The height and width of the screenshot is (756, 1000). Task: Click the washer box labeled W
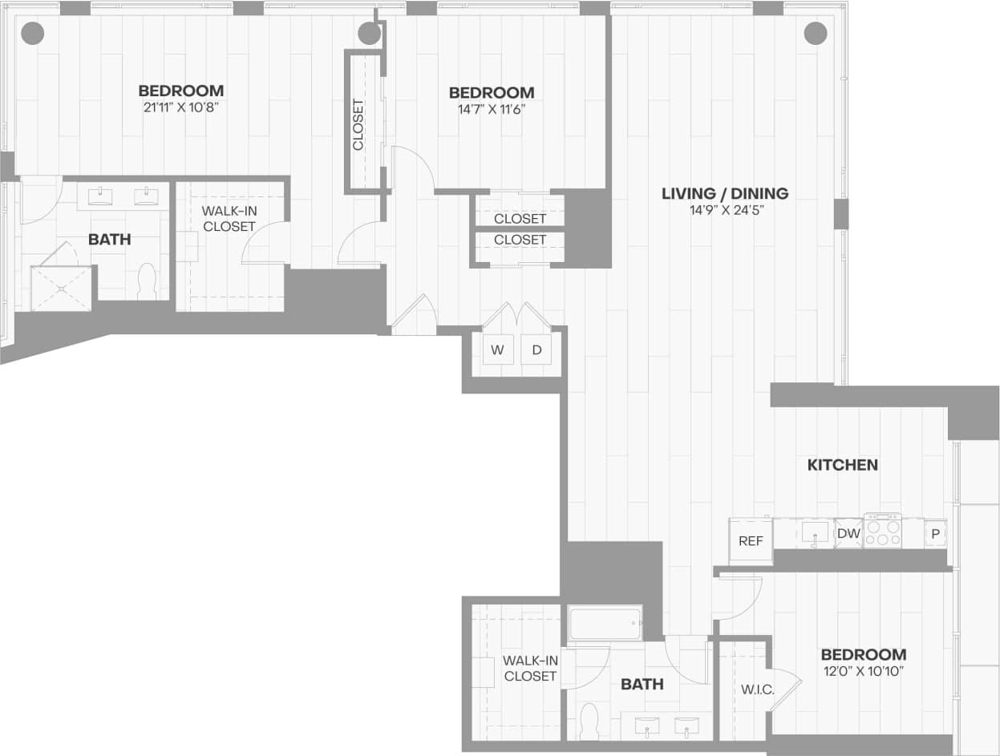[498, 350]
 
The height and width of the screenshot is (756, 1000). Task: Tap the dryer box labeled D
[536, 350]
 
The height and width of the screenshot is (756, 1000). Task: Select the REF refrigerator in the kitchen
[751, 541]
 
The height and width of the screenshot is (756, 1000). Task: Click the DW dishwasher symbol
[848, 533]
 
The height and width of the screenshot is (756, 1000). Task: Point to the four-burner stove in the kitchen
[883, 531]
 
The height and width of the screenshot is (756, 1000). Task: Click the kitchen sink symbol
[816, 532]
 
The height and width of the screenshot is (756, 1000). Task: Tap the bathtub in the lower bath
[605, 623]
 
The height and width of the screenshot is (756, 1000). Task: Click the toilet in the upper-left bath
[147, 281]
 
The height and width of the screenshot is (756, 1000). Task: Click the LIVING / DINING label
[725, 193]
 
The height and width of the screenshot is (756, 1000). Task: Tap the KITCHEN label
[843, 465]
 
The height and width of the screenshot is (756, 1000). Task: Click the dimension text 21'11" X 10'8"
[181, 107]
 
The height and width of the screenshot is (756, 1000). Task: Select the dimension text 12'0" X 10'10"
[864, 671]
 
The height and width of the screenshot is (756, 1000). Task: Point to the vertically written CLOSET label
[358, 124]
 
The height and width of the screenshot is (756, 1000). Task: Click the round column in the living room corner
[815, 33]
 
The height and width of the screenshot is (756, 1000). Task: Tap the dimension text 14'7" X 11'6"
[492, 109]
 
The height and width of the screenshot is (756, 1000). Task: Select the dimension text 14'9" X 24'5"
[725, 210]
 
